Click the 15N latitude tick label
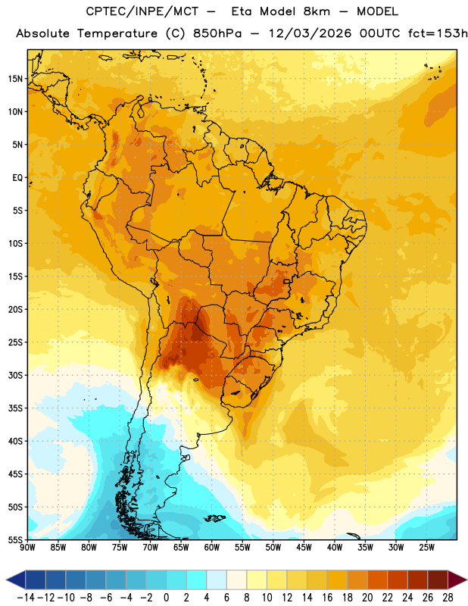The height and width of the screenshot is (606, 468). [15, 79]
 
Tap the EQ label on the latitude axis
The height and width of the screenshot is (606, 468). [17, 178]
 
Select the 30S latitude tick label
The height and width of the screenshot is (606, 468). [15, 375]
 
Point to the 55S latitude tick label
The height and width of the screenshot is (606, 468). [15, 539]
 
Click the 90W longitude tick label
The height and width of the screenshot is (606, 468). [27, 547]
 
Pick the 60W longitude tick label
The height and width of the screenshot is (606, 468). [212, 547]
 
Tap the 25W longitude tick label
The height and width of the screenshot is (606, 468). [427, 547]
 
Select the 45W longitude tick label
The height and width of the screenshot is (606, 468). [304, 547]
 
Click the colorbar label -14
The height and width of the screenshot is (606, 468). [26, 598]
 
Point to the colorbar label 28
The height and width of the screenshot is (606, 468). [448, 598]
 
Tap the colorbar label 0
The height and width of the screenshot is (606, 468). [166, 598]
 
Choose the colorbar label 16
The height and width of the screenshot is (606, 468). [327, 598]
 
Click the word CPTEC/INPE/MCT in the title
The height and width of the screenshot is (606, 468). [142, 11]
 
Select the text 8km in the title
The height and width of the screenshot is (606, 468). [317, 11]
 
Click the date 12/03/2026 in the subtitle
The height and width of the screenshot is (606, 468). [310, 33]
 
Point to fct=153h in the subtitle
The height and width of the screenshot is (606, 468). [438, 33]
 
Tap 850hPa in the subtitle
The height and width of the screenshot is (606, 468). [217, 33]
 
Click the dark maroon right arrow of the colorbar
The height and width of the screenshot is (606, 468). [457, 579]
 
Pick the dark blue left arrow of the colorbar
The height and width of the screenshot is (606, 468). [16, 579]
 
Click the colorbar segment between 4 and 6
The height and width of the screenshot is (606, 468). [217, 579]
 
